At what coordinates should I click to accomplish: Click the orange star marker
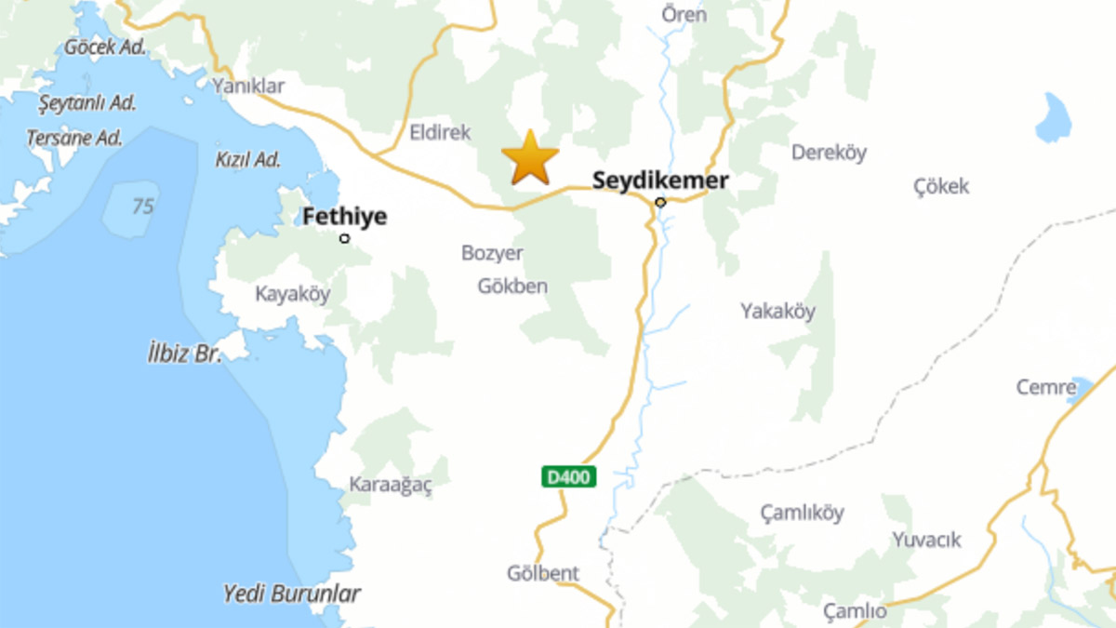pyautogui.click(x=530, y=158)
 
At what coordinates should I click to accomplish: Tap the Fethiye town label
pyautogui.click(x=344, y=218)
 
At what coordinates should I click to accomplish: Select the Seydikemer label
pyautogui.click(x=660, y=180)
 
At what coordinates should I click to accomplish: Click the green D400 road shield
pyautogui.click(x=568, y=477)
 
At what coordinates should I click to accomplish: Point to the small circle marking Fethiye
pyautogui.click(x=345, y=239)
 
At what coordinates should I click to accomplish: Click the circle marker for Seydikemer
pyautogui.click(x=660, y=202)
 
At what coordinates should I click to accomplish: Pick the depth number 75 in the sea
pyautogui.click(x=142, y=206)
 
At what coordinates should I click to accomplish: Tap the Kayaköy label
pyautogui.click(x=293, y=294)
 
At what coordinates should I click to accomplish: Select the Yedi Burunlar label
pyautogui.click(x=292, y=593)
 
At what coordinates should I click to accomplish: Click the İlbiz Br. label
pyautogui.click(x=185, y=354)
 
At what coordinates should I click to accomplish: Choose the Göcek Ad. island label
pyautogui.click(x=105, y=46)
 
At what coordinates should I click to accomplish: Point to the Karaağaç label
pyautogui.click(x=391, y=485)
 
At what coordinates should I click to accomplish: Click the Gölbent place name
pyautogui.click(x=543, y=573)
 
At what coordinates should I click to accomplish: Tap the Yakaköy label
pyautogui.click(x=777, y=311)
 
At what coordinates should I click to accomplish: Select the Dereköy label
pyautogui.click(x=829, y=153)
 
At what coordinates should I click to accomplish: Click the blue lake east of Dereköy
pyautogui.click(x=1054, y=118)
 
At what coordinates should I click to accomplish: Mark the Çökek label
pyautogui.click(x=941, y=186)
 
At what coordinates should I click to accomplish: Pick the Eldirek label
pyautogui.click(x=441, y=133)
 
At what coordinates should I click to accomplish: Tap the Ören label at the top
pyautogui.click(x=684, y=15)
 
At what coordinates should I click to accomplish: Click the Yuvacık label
pyautogui.click(x=926, y=540)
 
